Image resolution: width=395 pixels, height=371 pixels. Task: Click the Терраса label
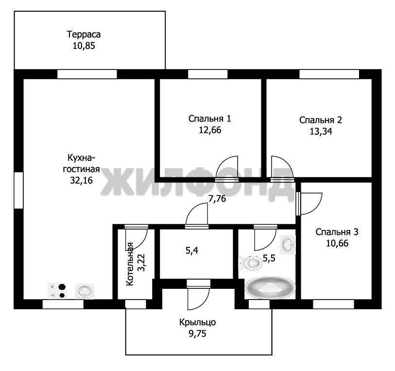pos(84,35)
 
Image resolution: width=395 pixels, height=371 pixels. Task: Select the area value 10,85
pos(84,46)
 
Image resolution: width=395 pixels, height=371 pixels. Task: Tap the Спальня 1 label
pos(209,119)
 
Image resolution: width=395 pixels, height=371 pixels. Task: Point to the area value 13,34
pos(321,132)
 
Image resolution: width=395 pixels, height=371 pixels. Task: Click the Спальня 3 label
pos(337,232)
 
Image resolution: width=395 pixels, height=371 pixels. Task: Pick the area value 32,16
pos(81,180)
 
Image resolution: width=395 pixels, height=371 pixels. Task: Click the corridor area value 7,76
pos(217,198)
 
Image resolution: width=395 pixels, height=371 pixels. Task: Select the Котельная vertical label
pos(130,264)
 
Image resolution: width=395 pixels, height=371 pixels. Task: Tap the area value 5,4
pos(192,250)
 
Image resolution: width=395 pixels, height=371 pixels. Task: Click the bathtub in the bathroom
pos(270,287)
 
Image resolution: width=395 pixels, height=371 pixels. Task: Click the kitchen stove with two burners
pos(58,291)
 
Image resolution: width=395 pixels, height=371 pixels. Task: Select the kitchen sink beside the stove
pos(85,291)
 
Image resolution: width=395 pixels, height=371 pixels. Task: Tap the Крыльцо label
pos(197,322)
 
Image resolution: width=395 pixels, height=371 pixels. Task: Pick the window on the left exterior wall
pos(18,190)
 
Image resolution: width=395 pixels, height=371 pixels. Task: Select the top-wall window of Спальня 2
pos(329,74)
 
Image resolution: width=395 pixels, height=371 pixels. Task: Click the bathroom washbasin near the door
pos(288,244)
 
